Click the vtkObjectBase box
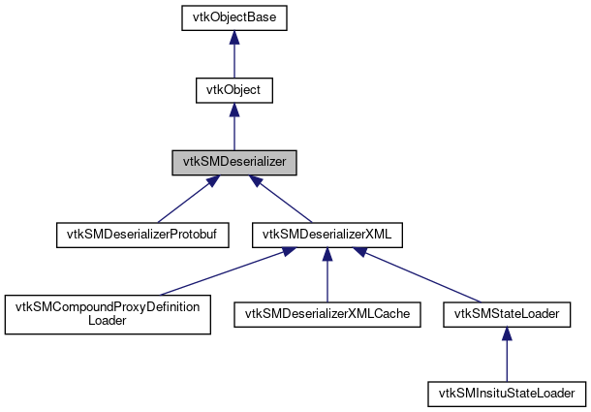pos(233,18)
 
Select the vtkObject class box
pos(233,90)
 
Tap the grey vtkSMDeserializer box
pos(233,162)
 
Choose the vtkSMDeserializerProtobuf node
pos(140,234)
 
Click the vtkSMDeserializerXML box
pos(327,234)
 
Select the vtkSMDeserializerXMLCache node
pos(327,313)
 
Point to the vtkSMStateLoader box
pos(507,313)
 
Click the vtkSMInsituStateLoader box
pos(507,393)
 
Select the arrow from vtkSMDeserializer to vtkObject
pos(233,128)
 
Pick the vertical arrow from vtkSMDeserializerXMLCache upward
pos(327,276)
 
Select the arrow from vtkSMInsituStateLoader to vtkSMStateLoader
pos(507,355)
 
